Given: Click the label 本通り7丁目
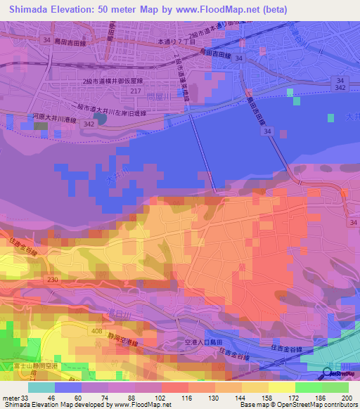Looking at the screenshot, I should point(176,43).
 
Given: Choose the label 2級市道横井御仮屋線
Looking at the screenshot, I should point(110,82).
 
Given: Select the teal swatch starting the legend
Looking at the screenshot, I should point(41,387).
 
